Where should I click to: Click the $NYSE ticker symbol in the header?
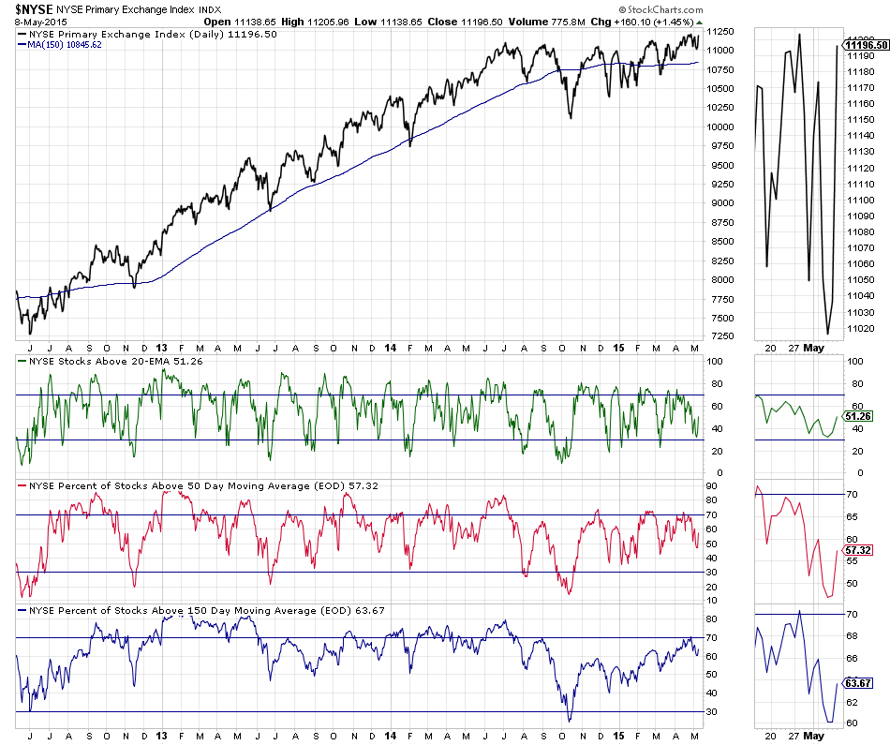click(x=33, y=8)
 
